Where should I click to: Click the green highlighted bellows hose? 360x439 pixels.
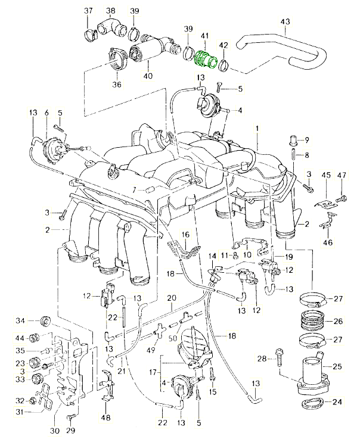(206, 60)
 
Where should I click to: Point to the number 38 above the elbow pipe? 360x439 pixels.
(111, 11)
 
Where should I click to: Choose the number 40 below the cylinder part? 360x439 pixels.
(147, 76)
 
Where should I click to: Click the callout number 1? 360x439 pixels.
(257, 129)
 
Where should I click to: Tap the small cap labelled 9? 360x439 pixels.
(293, 141)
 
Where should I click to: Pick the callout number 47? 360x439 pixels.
(342, 175)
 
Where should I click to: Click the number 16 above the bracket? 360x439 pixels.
(185, 235)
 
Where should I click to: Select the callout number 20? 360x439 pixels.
(172, 298)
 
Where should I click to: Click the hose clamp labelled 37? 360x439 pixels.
(91, 31)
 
